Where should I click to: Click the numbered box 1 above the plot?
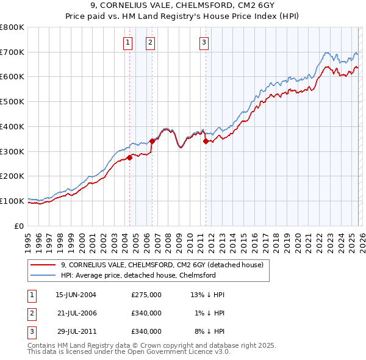127,42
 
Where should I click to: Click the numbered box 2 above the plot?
150,42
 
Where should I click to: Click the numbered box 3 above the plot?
204,42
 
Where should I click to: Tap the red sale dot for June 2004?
130,157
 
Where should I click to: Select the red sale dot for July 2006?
152,141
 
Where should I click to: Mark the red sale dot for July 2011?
206,141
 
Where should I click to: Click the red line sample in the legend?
44,265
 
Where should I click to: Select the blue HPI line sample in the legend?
44,275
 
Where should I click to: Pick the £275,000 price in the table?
146,294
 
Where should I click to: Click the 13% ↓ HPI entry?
207,294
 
